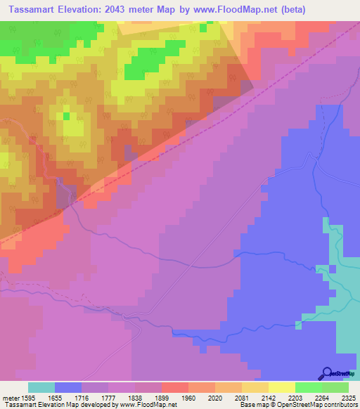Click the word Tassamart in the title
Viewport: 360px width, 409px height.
(x=32, y=8)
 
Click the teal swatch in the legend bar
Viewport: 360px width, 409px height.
(x=41, y=387)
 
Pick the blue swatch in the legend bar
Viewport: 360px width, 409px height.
(x=68, y=387)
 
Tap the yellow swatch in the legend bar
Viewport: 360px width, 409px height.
(x=282, y=387)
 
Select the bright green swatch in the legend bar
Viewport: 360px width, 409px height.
(x=309, y=387)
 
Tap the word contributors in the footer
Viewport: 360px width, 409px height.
(x=339, y=405)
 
